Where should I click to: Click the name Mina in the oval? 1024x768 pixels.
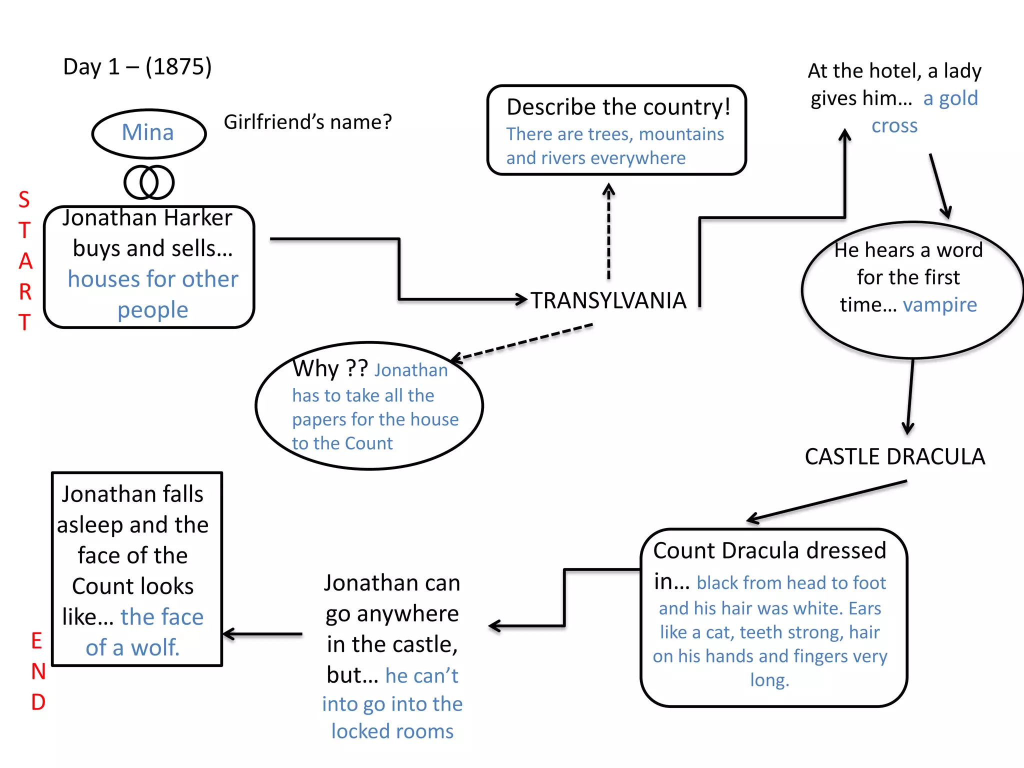pyautogui.click(x=148, y=132)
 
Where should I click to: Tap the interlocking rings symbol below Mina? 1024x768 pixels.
pyautogui.click(x=149, y=182)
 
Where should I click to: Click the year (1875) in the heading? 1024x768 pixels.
pyautogui.click(x=178, y=66)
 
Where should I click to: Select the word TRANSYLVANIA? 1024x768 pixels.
pyautogui.click(x=608, y=300)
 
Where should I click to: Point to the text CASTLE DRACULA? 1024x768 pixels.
pyautogui.click(x=894, y=456)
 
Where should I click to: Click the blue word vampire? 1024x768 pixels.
pyautogui.click(x=939, y=304)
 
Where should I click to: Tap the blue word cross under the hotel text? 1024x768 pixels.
pyautogui.click(x=894, y=125)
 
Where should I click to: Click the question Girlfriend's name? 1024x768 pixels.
pyautogui.click(x=307, y=122)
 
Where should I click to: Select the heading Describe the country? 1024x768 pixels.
pyautogui.click(x=618, y=107)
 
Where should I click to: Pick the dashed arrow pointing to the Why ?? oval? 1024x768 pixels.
pyautogui.click(x=522, y=341)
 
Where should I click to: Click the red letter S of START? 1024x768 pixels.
pyautogui.click(x=24, y=200)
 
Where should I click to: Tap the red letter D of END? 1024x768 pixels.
pyautogui.click(x=38, y=702)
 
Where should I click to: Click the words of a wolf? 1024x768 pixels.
pyautogui.click(x=132, y=647)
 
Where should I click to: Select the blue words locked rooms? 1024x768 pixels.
pyautogui.click(x=392, y=731)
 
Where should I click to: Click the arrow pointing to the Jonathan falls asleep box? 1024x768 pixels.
pyautogui.click(x=262, y=634)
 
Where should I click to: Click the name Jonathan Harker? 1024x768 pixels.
pyautogui.click(x=147, y=218)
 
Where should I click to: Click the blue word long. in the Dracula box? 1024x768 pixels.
pyautogui.click(x=769, y=679)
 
